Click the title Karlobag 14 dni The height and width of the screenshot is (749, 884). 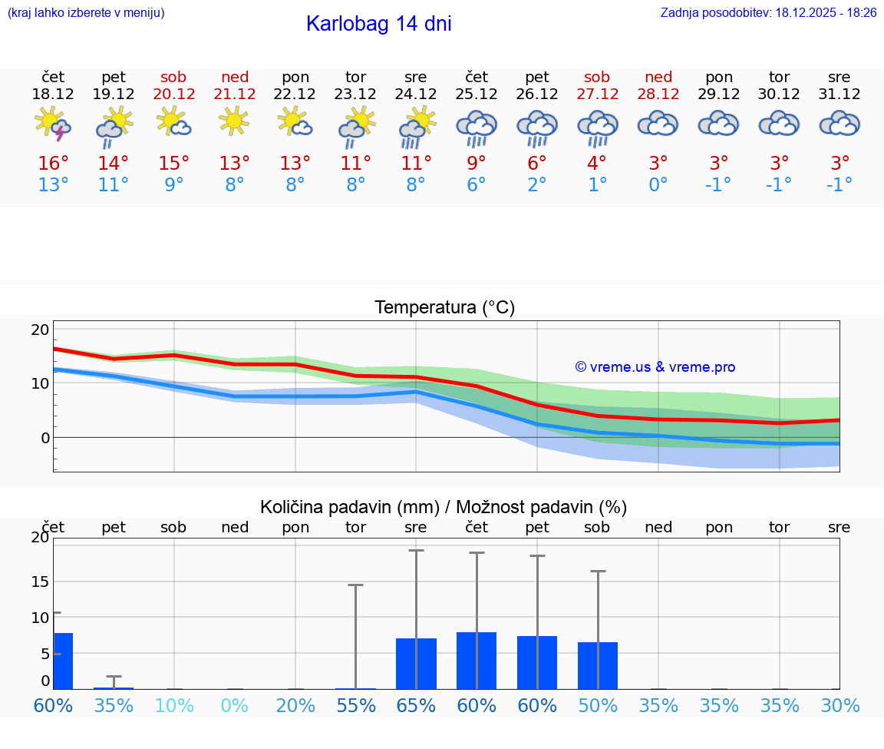tap(378, 24)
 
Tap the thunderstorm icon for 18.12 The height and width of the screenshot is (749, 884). tap(53, 125)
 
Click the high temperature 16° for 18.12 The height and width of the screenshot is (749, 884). tap(53, 164)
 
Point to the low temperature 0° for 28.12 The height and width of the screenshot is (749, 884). tap(658, 185)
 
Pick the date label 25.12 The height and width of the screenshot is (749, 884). tap(476, 94)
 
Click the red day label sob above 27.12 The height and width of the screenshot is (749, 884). tap(597, 77)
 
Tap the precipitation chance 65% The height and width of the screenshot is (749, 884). tap(416, 705)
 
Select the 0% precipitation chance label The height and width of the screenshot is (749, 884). tap(235, 705)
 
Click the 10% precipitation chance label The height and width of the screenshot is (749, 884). tap(174, 705)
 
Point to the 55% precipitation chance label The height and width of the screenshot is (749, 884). tap(356, 705)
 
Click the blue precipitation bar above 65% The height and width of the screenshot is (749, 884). tap(416, 664)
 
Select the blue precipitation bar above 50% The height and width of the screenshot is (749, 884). tap(598, 665)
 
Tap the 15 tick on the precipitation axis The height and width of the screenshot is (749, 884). tap(40, 582)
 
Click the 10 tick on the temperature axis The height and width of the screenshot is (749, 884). tap(40, 383)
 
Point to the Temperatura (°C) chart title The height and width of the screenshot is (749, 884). tap(444, 308)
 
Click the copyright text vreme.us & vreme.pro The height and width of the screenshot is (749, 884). tap(655, 367)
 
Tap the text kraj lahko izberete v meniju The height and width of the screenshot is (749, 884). tap(86, 13)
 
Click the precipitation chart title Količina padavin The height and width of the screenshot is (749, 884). tap(444, 507)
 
